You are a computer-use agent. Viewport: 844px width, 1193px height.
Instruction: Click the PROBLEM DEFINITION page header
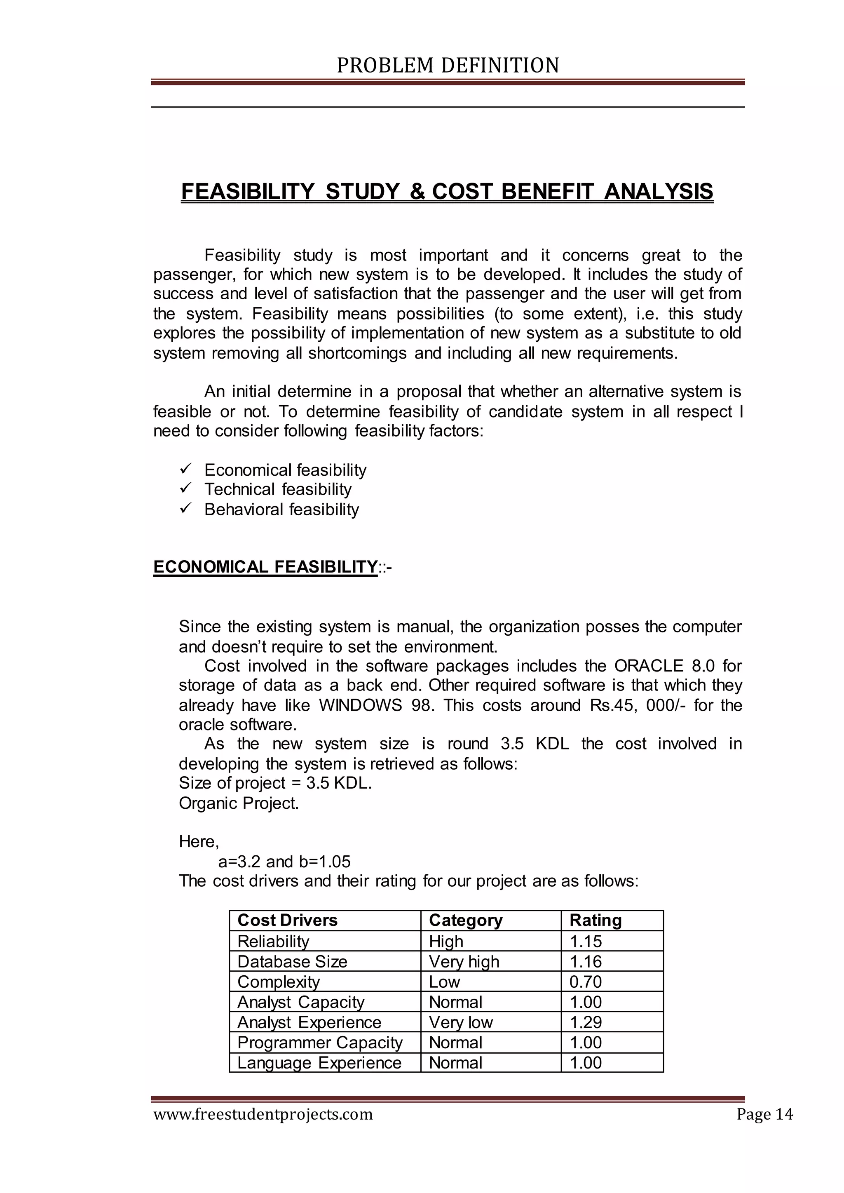point(448,66)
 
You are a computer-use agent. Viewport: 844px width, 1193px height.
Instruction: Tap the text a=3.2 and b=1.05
point(284,862)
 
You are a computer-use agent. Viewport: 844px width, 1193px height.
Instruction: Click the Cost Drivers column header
point(287,921)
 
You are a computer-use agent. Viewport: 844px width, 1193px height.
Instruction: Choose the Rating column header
point(595,921)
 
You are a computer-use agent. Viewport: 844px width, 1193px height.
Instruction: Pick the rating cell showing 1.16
point(585,962)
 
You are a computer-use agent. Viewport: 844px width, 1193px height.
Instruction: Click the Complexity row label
point(279,982)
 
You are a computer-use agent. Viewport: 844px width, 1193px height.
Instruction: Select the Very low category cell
point(460,1022)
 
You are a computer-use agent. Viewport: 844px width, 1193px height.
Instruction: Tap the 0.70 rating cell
point(585,982)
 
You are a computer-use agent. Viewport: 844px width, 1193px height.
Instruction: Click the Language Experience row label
point(319,1063)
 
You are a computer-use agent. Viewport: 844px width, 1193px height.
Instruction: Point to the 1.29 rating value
point(585,1022)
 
